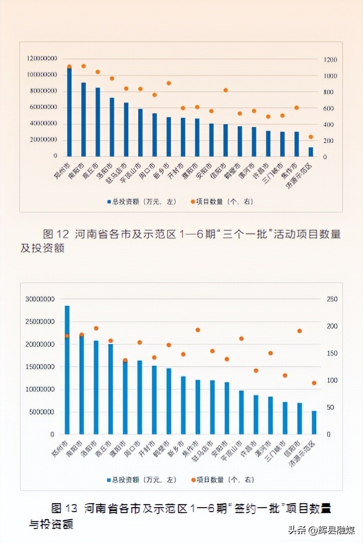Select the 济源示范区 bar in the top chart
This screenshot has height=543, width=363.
point(311,152)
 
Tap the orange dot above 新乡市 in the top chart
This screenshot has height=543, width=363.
point(169,83)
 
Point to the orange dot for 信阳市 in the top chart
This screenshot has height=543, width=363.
point(225,90)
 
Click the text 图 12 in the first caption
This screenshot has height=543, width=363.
point(55,234)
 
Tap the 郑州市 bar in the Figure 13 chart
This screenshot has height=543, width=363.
point(67,370)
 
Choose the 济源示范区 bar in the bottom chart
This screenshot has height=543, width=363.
point(314,422)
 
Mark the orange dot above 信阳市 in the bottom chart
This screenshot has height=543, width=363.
point(299,331)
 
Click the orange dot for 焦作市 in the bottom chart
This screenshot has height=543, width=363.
point(197,330)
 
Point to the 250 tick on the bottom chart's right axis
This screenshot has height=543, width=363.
point(331,299)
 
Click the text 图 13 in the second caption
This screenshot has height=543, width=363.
point(65,508)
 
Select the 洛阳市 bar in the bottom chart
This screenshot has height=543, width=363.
point(96,387)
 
